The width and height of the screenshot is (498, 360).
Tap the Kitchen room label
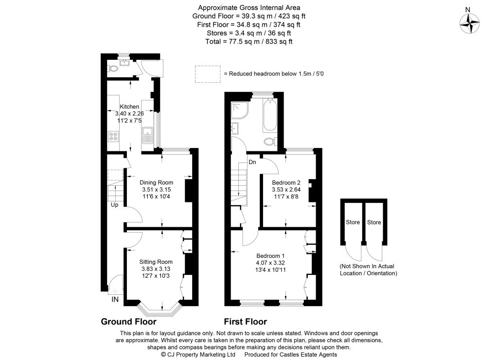pos(129,107)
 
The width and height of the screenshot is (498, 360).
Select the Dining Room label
pos(156,182)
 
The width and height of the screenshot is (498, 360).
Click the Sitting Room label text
pos(156,262)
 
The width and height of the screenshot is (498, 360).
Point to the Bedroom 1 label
pos(270,256)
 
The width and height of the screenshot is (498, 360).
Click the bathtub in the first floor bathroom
pos(269,115)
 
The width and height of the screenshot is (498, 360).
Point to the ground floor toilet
pos(112,69)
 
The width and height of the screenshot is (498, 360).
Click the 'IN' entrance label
pos(115,299)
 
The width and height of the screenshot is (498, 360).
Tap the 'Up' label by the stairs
pos(114,205)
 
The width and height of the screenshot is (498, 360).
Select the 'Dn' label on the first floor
pos(252,162)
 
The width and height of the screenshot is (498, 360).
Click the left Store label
pos(353,222)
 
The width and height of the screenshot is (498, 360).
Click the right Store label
pos(374,222)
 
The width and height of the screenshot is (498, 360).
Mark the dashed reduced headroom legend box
pos(207,74)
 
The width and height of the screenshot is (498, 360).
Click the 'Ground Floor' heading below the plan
pos(128,322)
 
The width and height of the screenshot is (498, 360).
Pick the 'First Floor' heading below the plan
pos(245,322)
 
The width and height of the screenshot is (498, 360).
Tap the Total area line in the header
pos(249,42)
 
